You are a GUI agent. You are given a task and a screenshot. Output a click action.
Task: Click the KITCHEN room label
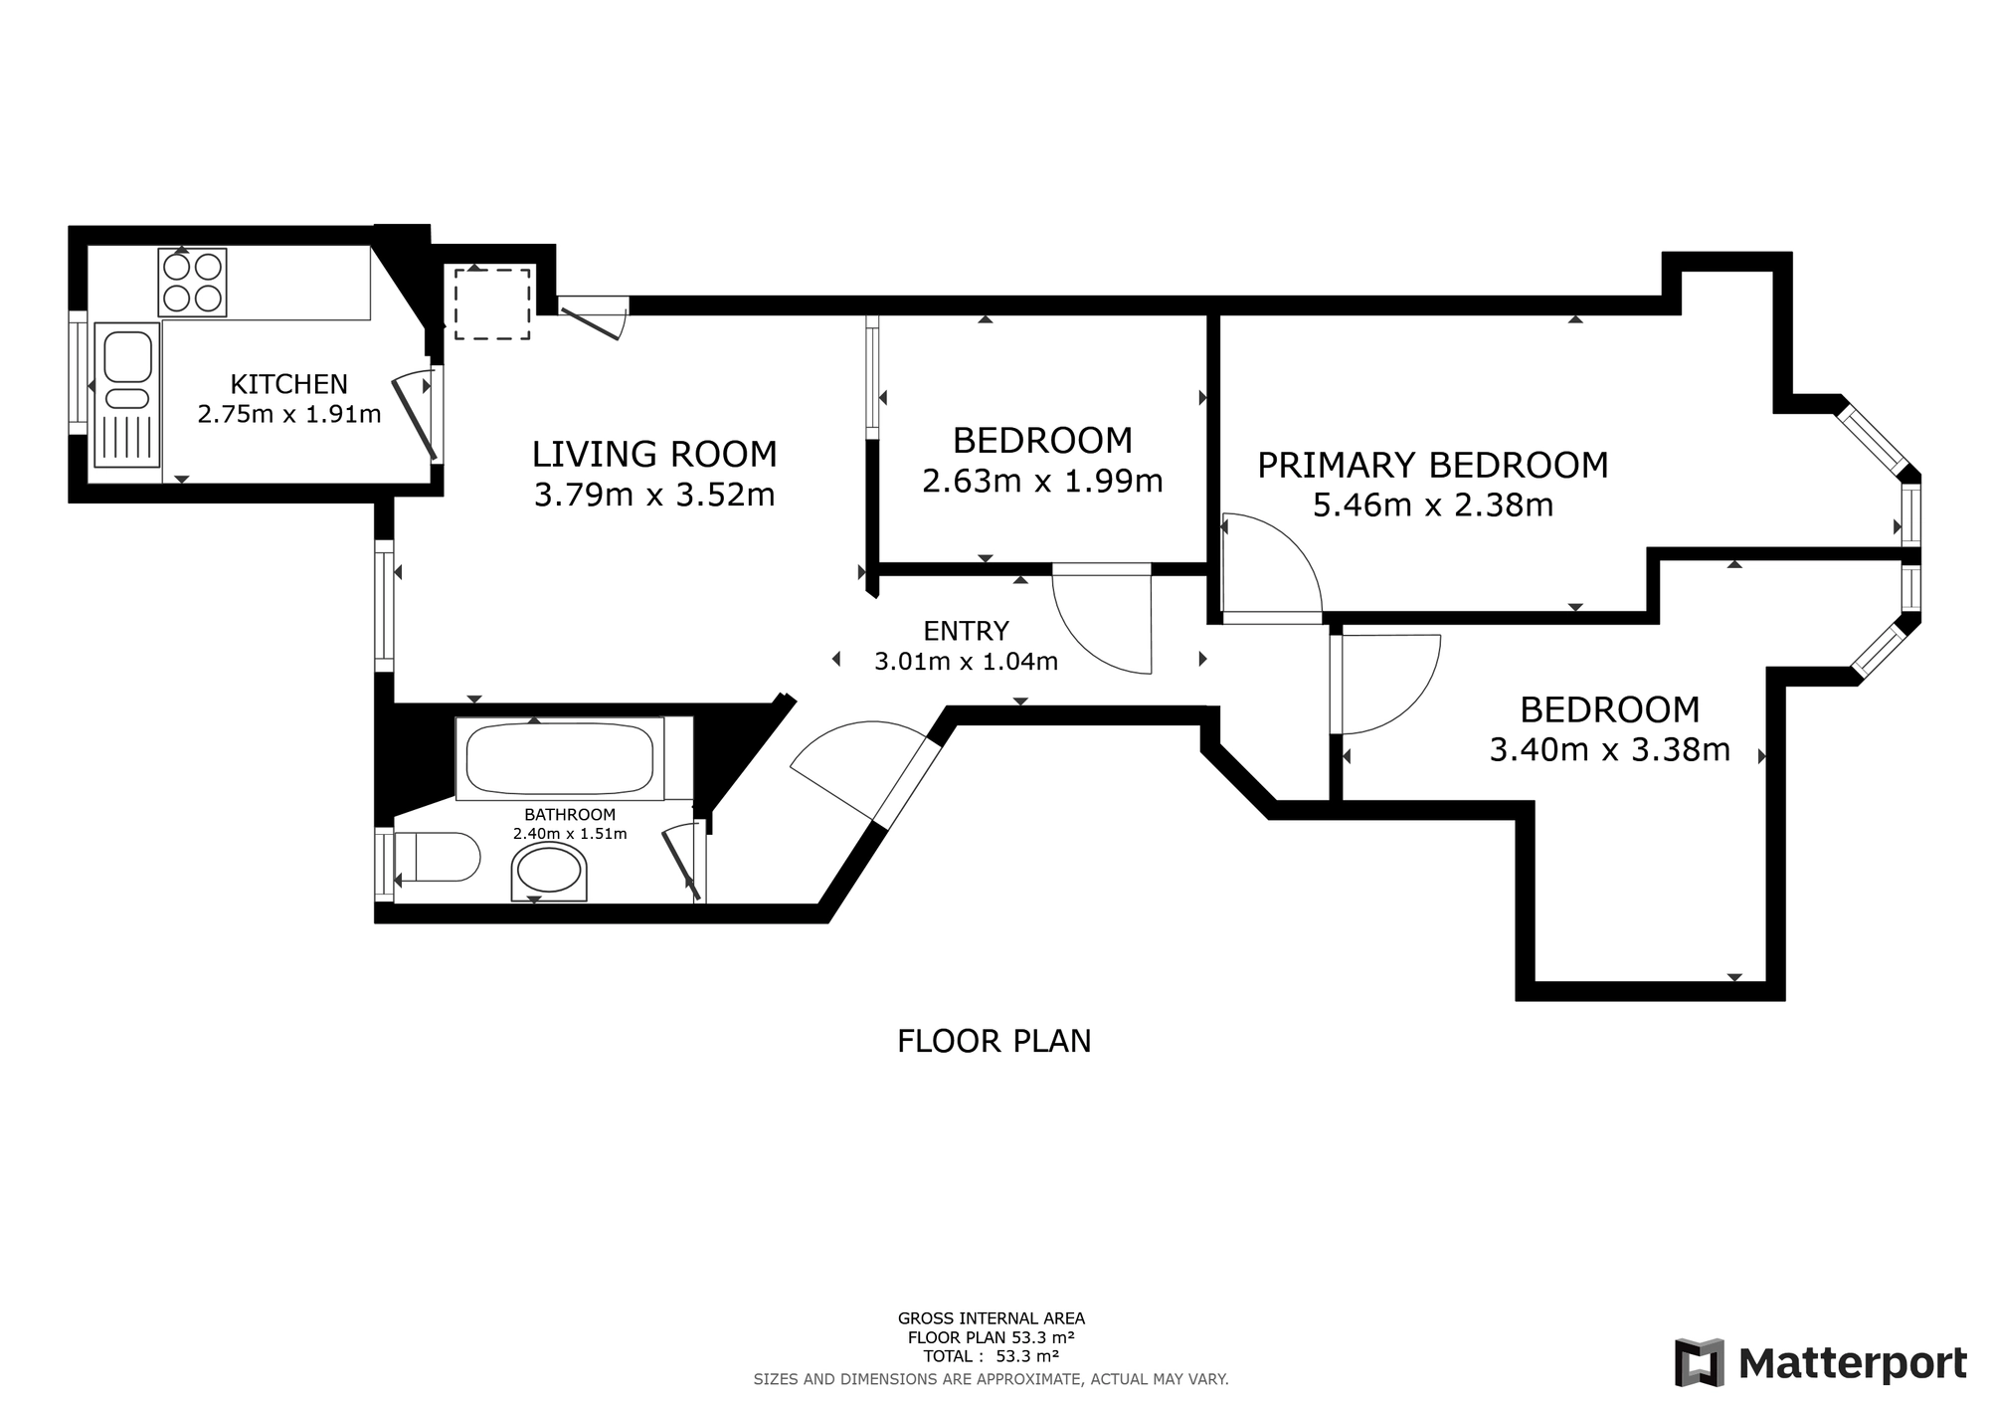[289, 384]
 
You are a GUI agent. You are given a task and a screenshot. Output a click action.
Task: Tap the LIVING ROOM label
[654, 454]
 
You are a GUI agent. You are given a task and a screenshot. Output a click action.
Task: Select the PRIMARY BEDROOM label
[1433, 465]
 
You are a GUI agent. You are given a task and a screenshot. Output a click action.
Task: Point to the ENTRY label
[966, 631]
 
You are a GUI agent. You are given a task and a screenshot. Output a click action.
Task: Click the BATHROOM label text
[570, 815]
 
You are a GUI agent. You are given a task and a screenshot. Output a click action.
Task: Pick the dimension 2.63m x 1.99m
[1042, 481]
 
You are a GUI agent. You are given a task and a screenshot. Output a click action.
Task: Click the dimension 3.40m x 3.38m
[1610, 749]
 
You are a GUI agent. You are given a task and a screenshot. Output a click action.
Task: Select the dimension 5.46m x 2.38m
[1433, 505]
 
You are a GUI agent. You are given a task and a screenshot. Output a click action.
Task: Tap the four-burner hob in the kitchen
[193, 283]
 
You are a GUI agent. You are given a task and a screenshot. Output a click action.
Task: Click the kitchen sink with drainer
[127, 394]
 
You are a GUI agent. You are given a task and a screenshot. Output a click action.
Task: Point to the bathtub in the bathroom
[560, 758]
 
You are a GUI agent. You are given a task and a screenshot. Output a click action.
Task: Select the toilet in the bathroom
[437, 857]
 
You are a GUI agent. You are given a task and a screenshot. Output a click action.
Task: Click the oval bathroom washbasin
[549, 873]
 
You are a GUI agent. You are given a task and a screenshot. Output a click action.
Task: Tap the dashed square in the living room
[492, 303]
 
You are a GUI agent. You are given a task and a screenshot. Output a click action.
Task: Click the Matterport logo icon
[1700, 1363]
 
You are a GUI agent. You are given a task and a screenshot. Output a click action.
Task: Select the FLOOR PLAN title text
[994, 1041]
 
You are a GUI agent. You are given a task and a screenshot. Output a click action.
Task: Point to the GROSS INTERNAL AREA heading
[992, 1318]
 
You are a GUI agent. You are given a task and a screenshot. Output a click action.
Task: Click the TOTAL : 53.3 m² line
[991, 1356]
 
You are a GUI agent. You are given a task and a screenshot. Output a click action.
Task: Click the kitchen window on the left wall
[78, 372]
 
